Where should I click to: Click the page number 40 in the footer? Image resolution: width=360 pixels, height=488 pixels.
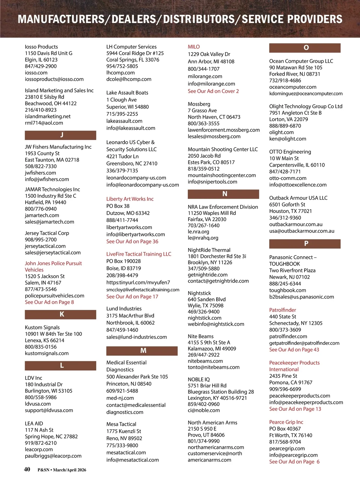tap(27, 469)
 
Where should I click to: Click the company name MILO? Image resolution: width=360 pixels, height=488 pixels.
tap(194, 47)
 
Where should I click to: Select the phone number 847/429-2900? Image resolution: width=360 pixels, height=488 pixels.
tap(41, 66)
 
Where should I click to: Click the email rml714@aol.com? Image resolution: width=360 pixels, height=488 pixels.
tap(44, 123)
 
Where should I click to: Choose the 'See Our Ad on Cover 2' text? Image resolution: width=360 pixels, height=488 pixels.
tap(213, 91)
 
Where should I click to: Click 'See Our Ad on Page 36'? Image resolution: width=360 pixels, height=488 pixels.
tap(132, 241)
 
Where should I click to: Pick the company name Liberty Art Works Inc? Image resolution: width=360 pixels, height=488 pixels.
tap(130, 199)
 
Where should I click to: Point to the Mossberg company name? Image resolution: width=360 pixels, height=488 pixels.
tap(199, 104)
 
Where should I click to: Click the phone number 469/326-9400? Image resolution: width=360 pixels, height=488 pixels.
tap(204, 312)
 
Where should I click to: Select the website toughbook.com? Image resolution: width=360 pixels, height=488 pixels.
tap(288, 290)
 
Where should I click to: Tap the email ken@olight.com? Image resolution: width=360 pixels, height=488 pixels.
tap(288, 139)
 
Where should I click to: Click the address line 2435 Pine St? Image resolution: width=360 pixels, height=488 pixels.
tap(283, 376)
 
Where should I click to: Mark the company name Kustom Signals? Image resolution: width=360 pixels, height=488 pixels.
tap(42, 327)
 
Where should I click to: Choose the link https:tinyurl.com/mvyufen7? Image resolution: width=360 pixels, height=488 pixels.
tap(138, 282)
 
